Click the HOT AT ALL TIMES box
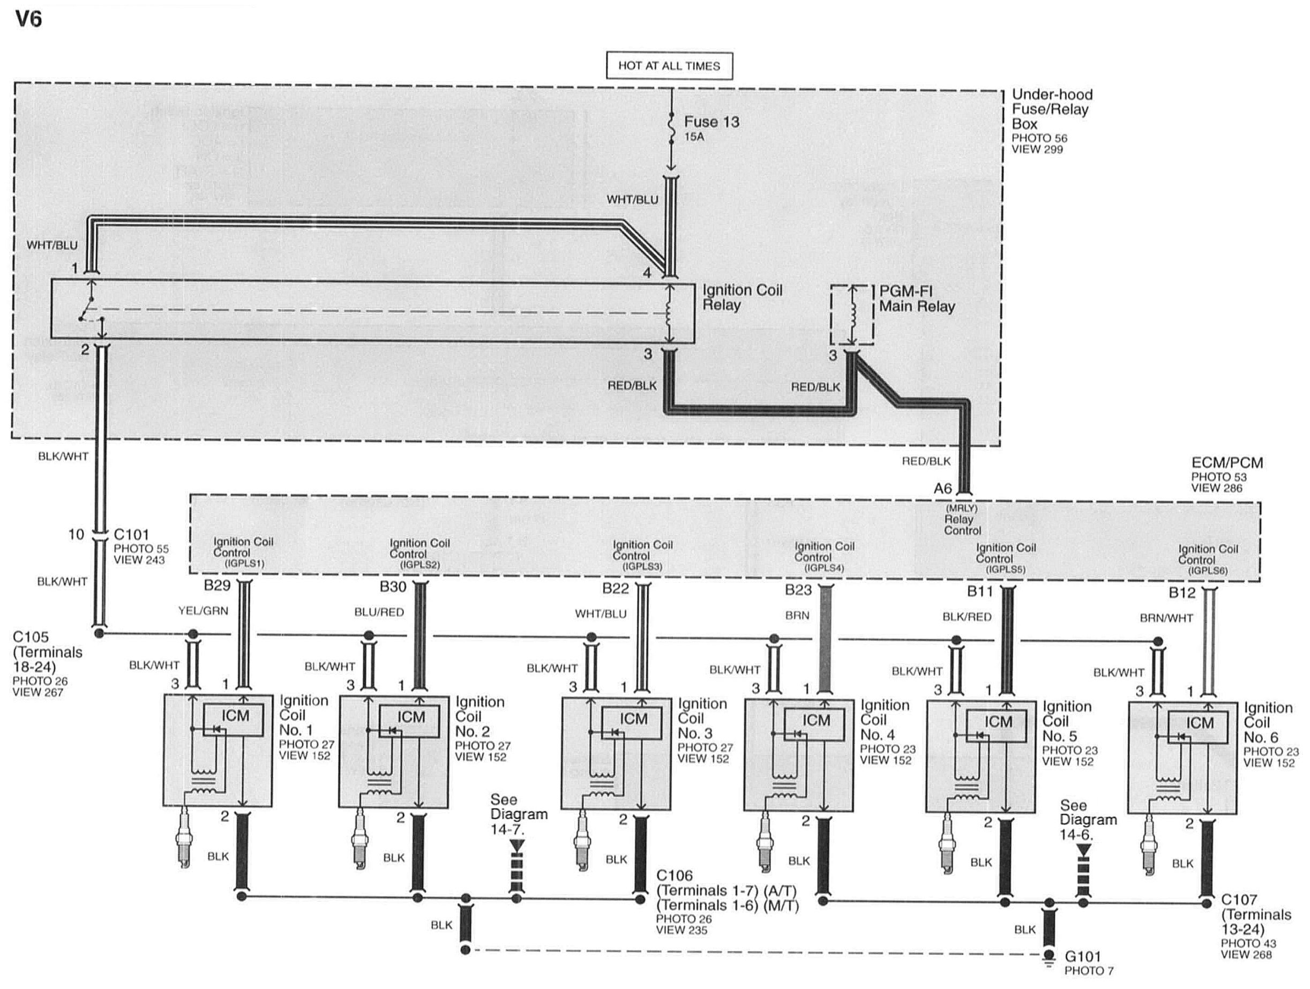[669, 66]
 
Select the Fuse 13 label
[712, 122]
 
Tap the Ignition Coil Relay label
[742, 297]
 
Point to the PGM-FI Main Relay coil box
[851, 314]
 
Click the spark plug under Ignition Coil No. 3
[583, 843]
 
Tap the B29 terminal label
[217, 586]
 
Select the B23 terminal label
[798, 590]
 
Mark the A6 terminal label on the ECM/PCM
[943, 489]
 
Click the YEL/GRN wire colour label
[203, 611]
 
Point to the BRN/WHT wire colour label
[1166, 618]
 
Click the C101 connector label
[131, 534]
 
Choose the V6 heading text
[28, 19]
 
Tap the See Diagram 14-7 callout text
[518, 814]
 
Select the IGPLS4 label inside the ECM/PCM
[824, 568]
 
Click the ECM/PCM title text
[1227, 463]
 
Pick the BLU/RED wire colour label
[379, 612]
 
